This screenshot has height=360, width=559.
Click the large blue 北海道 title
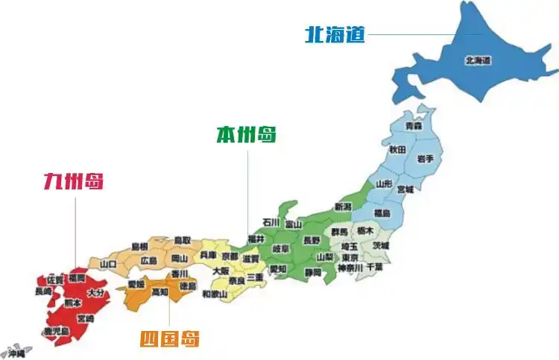[x=335, y=34]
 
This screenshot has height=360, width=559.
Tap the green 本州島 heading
[x=246, y=135]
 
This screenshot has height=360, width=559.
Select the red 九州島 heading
[x=73, y=181]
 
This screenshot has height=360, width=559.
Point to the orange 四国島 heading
[x=170, y=340]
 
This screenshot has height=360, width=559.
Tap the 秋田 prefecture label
[x=397, y=149]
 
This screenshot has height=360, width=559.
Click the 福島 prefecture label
[x=381, y=212]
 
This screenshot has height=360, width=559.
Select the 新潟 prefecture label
[x=342, y=206]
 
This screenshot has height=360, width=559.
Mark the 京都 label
[x=230, y=256]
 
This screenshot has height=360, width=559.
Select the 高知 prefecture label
[x=160, y=293]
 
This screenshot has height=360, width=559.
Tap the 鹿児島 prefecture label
[x=56, y=330]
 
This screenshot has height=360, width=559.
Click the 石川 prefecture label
[x=271, y=222]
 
